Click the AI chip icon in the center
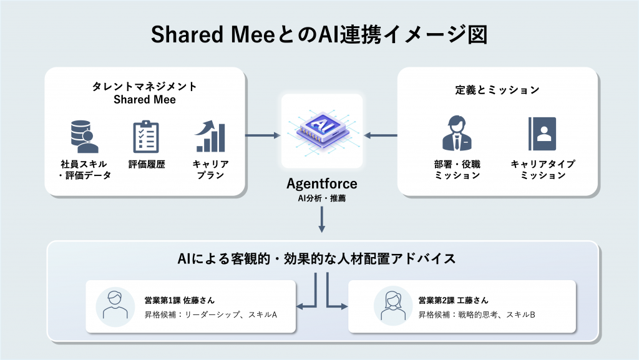321,130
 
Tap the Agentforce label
321,184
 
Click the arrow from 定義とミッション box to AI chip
381,135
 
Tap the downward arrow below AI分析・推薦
321,220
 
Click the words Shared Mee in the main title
213,35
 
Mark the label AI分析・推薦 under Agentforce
321,199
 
